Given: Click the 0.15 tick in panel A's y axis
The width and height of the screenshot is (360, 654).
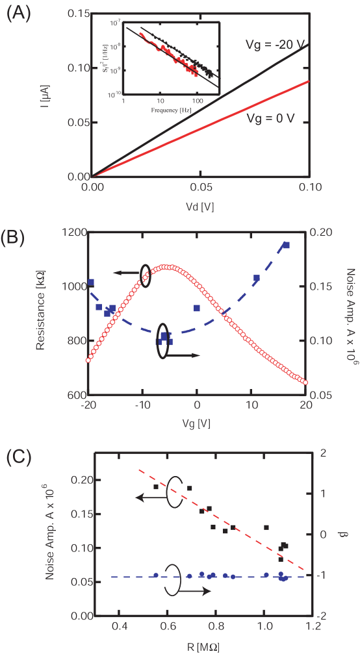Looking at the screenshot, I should pyautogui.click(x=77, y=13).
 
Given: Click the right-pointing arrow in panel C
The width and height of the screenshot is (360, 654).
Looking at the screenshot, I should pyautogui.click(x=198, y=591).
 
